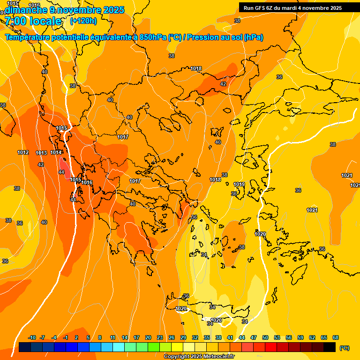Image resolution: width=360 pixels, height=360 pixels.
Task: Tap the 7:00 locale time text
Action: click(x=33, y=21)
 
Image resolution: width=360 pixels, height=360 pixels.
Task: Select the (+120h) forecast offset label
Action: click(x=83, y=21)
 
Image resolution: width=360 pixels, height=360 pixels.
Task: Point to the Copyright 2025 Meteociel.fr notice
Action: click(x=199, y=357)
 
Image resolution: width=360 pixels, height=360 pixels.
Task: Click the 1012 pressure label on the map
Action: click(x=23, y=152)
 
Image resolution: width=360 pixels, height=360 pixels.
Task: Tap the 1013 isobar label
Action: click(x=41, y=153)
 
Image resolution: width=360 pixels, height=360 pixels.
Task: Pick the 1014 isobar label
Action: click(x=56, y=152)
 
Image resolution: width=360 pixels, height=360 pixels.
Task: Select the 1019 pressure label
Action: click(x=239, y=184)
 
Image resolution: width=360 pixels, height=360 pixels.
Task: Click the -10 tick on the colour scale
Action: click(x=32, y=337)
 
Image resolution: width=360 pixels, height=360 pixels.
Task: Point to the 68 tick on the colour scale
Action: click(x=336, y=337)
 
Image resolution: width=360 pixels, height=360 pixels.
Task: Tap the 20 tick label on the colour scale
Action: click(x=148, y=337)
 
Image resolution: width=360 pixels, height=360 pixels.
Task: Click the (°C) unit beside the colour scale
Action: click(x=345, y=347)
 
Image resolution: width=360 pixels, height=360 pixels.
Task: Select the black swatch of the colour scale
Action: click(x=330, y=347)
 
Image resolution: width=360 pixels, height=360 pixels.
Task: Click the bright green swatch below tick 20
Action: click(x=154, y=347)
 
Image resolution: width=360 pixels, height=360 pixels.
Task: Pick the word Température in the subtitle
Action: click(x=29, y=37)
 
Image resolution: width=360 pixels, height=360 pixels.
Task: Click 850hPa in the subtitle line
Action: click(x=153, y=37)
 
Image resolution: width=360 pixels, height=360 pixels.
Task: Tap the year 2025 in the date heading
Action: click(x=114, y=10)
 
